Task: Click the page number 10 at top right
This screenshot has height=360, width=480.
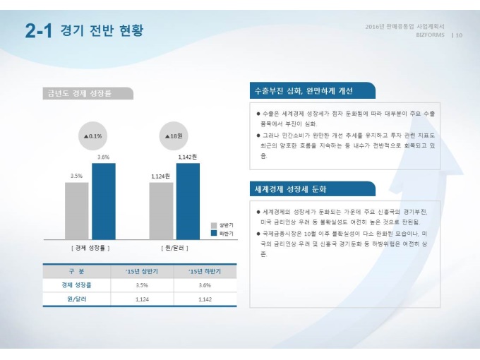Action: (459, 35)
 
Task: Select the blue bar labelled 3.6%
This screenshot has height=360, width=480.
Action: (103, 201)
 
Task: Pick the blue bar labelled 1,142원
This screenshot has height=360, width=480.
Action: (188, 201)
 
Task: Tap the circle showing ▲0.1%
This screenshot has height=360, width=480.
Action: (92, 136)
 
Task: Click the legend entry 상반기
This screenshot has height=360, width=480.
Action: (222, 224)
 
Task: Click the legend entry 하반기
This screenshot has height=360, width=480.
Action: (222, 233)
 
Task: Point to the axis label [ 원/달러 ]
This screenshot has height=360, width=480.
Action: (174, 248)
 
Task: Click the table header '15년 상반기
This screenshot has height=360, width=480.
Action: (141, 272)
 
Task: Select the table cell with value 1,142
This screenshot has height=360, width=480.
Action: (205, 299)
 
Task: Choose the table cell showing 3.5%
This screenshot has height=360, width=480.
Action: (141, 285)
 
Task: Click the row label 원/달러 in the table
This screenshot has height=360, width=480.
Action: (76, 299)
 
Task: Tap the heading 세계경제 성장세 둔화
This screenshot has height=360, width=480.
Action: (291, 189)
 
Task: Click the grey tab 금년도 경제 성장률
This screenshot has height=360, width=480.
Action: (79, 93)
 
